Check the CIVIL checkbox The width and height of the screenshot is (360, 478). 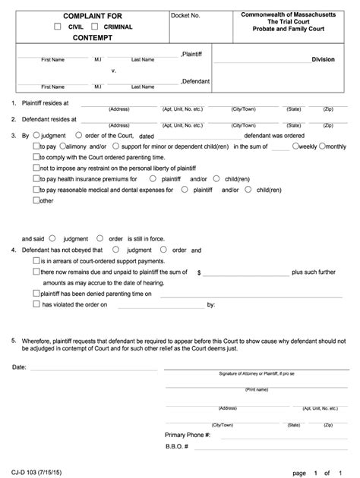pyautogui.click(x=57, y=27)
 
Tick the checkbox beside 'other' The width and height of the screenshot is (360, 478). pyautogui.click(x=36, y=201)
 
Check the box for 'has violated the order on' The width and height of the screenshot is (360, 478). pyautogui.click(x=36, y=304)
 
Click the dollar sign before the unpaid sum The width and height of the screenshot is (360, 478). pyautogui.click(x=198, y=271)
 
